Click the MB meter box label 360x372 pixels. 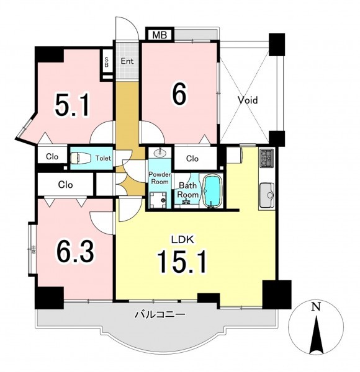tap(160, 35)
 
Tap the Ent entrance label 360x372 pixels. tap(127, 61)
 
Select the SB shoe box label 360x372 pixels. tap(106, 61)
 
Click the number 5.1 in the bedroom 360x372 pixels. tap(73, 105)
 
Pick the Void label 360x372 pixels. tap(248, 100)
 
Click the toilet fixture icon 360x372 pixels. tap(81, 158)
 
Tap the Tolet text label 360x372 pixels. tap(103, 158)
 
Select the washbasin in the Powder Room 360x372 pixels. tap(160, 153)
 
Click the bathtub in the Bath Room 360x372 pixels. tap(213, 192)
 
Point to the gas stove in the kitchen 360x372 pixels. tap(267, 158)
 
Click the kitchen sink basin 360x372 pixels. tap(267, 195)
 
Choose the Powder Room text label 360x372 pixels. tap(160, 178)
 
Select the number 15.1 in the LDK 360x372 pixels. tap(182, 262)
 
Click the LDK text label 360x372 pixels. tap(183, 239)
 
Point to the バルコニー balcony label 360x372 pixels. tap(160, 314)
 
